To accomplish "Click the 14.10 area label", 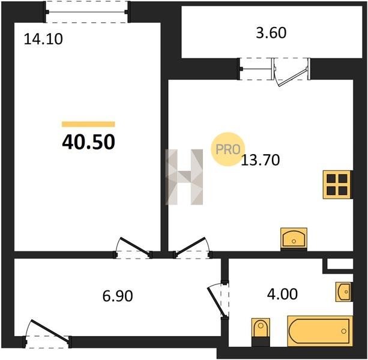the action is tap(43, 39).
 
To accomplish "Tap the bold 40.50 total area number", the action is tap(88, 142).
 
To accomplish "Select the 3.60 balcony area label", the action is tap(271, 33).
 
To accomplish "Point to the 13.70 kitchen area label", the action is tap(261, 160).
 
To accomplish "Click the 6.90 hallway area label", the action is tap(118, 296).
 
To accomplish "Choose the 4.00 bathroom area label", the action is tap(282, 294).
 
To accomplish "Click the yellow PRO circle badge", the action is tap(228, 149).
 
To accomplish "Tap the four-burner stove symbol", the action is tap(337, 185).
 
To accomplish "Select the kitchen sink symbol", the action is tap(294, 238).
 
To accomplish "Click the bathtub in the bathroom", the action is tap(320, 331).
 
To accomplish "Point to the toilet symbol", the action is tap(261, 332).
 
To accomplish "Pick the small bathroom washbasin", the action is tap(343, 292).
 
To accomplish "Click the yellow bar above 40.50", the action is tap(88, 124).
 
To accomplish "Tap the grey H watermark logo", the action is tap(184, 177).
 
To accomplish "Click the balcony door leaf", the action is tap(294, 77).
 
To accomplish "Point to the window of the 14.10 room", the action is tap(86, 12).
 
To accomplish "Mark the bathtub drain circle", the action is tap(343, 331).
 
